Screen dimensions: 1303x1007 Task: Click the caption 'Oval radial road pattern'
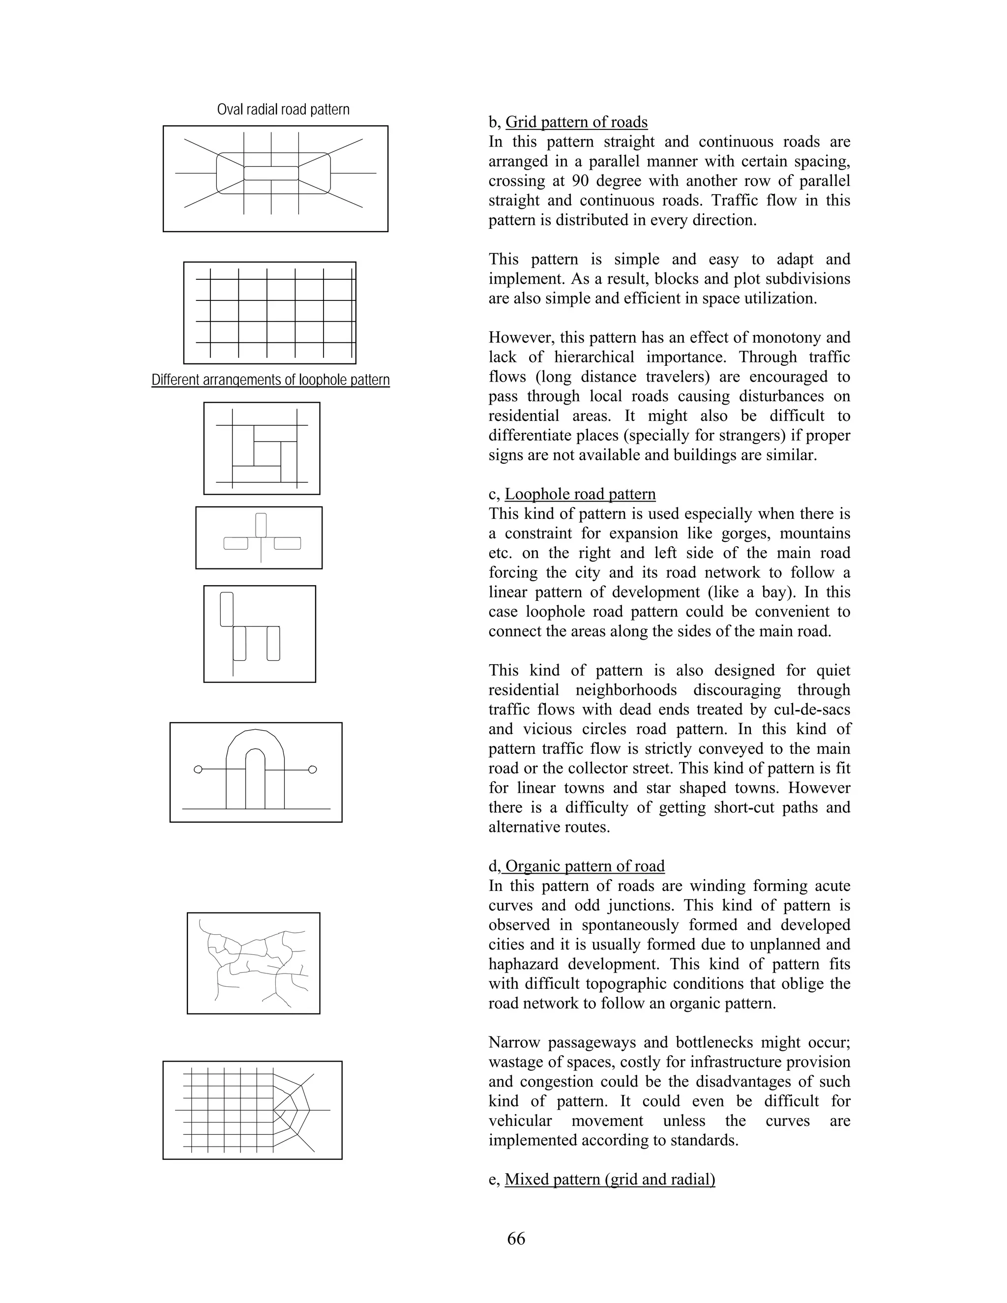(x=283, y=110)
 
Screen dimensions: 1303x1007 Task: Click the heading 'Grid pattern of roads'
(x=576, y=122)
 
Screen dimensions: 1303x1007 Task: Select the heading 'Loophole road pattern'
(x=580, y=494)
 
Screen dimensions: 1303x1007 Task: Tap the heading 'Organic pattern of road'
(x=584, y=866)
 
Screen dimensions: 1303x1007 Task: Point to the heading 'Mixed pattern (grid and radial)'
(x=610, y=1179)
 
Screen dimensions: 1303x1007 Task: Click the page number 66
(x=516, y=1239)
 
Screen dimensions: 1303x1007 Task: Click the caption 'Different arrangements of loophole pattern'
(x=270, y=380)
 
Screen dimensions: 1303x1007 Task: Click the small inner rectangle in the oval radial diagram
(x=271, y=173)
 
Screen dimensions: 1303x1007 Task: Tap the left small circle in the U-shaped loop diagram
(x=198, y=770)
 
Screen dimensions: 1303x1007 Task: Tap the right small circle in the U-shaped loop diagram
(x=313, y=770)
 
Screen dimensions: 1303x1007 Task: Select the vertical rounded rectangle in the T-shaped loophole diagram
(x=261, y=525)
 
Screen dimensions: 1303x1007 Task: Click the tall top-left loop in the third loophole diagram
(x=226, y=609)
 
